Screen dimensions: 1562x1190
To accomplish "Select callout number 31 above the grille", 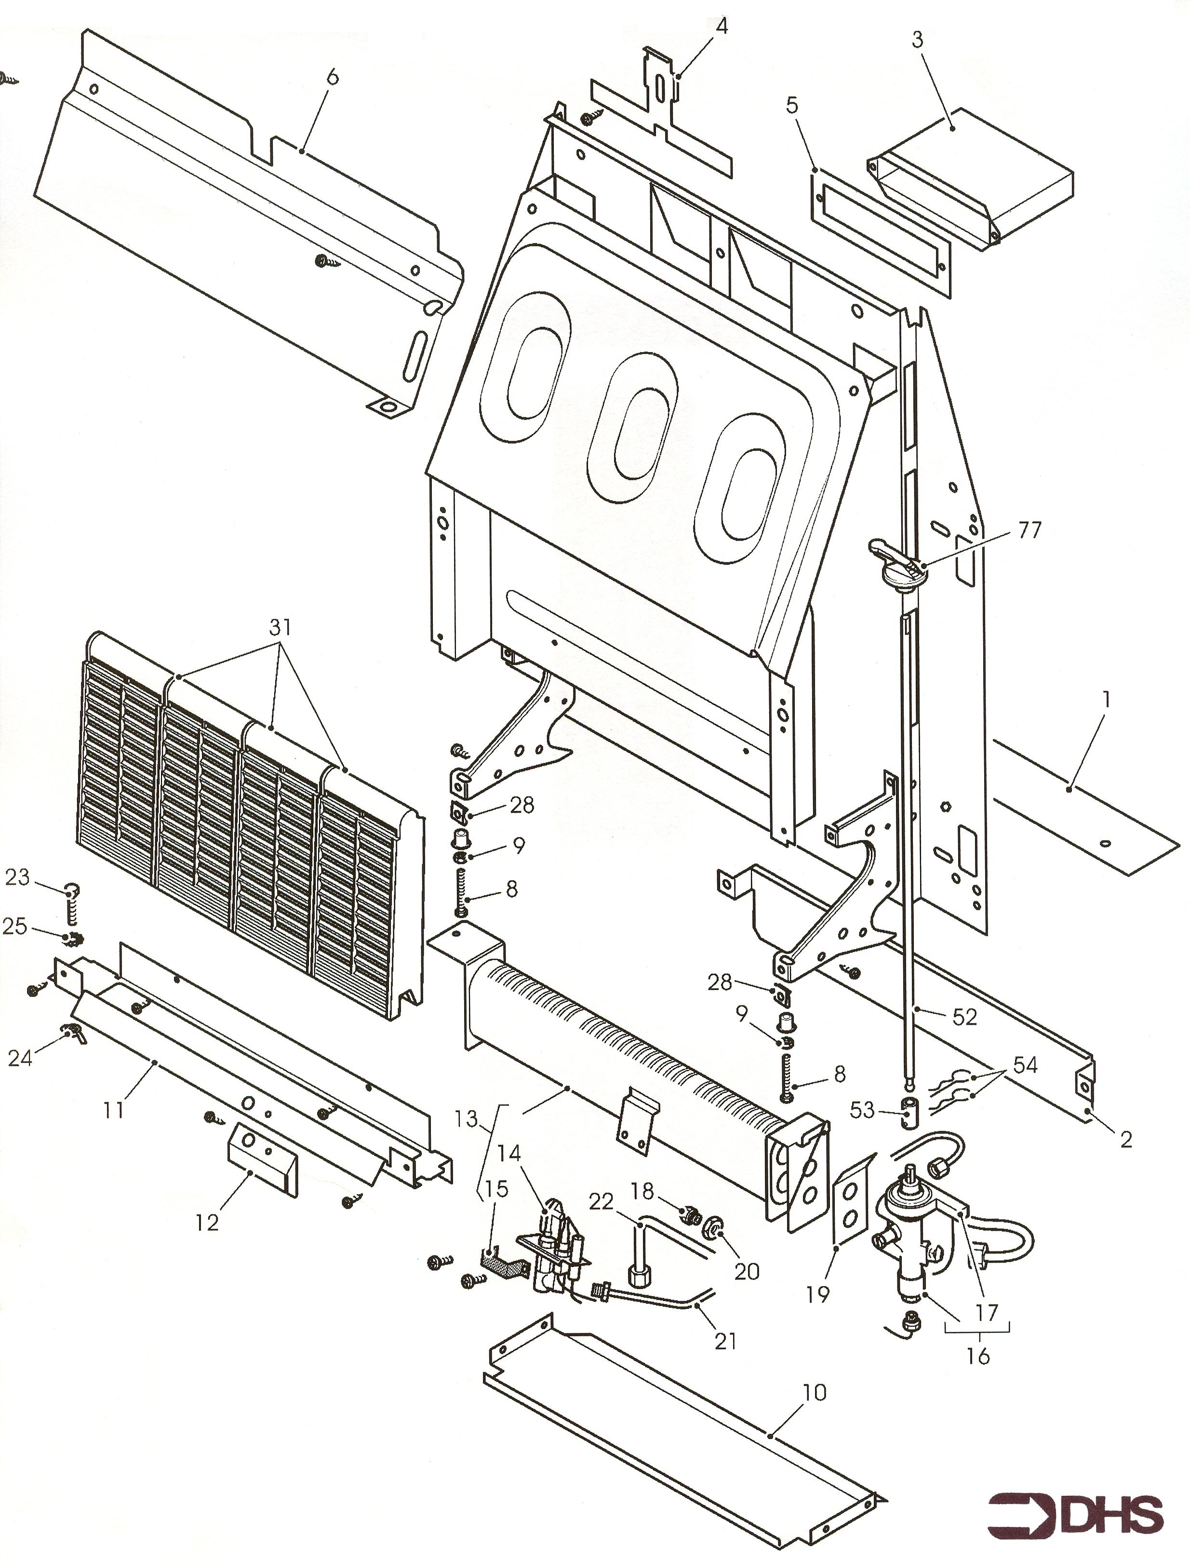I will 281,628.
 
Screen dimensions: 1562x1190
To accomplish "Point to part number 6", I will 332,77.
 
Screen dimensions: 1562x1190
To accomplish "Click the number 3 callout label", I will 917,40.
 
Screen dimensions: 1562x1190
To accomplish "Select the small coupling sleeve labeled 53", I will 908,1111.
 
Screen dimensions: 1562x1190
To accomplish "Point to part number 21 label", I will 726,1340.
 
